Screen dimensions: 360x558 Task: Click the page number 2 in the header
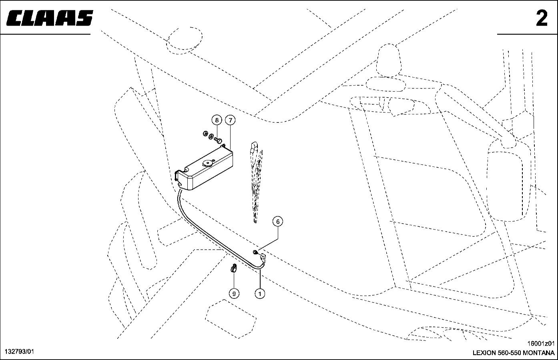click(x=542, y=18)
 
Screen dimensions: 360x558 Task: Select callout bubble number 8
click(x=217, y=120)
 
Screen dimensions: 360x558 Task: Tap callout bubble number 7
click(x=230, y=120)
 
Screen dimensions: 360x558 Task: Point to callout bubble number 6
click(x=278, y=221)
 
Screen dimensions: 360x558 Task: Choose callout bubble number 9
click(x=234, y=294)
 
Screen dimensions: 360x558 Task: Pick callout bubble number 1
click(x=260, y=294)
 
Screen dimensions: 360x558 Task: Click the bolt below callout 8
click(x=218, y=140)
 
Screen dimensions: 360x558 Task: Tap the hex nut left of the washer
click(x=204, y=134)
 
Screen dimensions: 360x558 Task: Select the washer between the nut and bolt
click(x=211, y=137)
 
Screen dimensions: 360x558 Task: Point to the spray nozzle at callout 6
click(x=255, y=252)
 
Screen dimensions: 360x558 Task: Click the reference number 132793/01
click(x=19, y=352)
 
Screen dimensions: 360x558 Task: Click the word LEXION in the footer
click(x=484, y=353)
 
